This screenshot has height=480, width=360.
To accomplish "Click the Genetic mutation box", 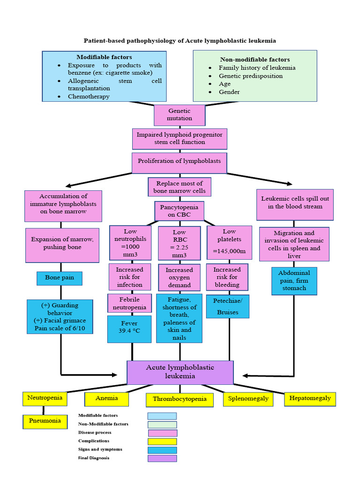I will point(180,115).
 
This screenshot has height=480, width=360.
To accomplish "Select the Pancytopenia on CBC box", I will point(180,211).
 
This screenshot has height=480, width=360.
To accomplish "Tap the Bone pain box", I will point(60,278).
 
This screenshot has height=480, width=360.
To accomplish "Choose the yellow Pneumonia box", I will point(45,421).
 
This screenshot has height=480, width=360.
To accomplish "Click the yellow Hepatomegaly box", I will point(310,398).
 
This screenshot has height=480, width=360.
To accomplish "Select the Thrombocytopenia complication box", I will point(180,400).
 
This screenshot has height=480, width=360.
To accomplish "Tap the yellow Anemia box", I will point(106,399).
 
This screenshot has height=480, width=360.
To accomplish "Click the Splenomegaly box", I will point(248,398).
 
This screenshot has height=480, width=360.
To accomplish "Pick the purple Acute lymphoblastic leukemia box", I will point(180,372).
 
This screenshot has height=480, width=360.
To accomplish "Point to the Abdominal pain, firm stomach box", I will point(294,281).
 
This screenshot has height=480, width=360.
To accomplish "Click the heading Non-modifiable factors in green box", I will point(255,60).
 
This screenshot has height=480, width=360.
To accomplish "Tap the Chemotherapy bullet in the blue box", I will point(89,97).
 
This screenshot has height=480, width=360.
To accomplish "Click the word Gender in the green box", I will point(229,92).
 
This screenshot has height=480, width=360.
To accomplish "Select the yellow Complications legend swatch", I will point(162,441).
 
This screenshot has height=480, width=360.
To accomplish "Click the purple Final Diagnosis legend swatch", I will point(162,458).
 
